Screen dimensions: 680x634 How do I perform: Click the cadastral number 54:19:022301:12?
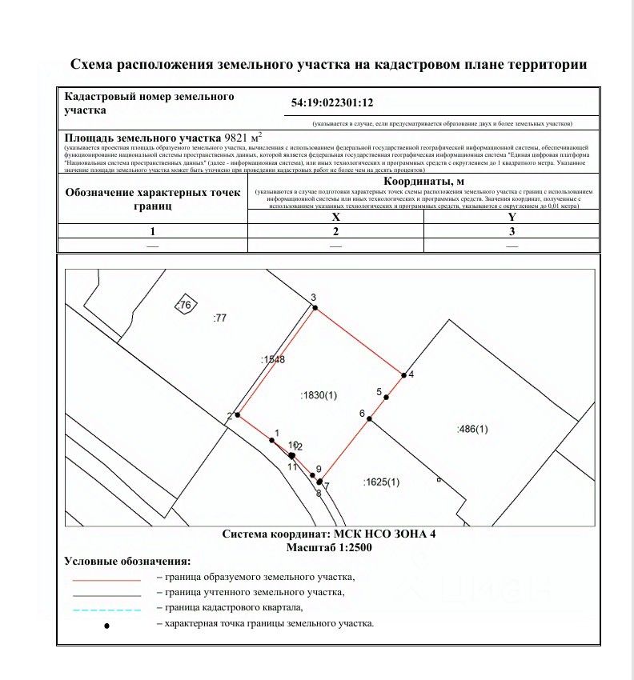coord(333,103)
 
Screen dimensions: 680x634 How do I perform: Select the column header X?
coord(335,217)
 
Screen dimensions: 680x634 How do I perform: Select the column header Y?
coord(512,217)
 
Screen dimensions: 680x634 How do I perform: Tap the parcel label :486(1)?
coord(471,430)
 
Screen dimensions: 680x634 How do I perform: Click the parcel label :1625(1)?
coord(381,482)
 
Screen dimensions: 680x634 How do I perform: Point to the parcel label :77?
coord(219,318)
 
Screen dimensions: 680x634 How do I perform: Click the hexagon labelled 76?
coord(185,305)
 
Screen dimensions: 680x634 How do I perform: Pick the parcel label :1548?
coord(272,361)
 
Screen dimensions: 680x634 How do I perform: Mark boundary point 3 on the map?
coord(315,307)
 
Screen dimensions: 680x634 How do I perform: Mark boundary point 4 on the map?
coord(403,374)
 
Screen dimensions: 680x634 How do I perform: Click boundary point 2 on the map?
coord(237,415)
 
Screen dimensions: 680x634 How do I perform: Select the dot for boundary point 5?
coord(386,397)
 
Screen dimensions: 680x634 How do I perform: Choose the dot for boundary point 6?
coord(370,419)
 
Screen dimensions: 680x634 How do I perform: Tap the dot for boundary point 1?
coord(272,440)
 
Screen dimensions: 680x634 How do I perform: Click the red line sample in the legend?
coord(106,578)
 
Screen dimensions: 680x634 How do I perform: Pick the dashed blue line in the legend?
coord(106,610)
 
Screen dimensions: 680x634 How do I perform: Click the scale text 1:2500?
coord(344,548)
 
